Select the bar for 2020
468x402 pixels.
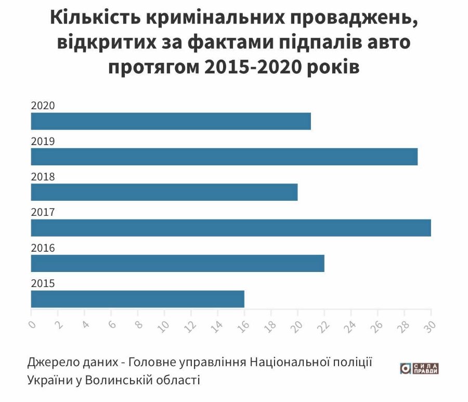click(x=171, y=121)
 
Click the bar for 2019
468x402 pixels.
click(x=224, y=157)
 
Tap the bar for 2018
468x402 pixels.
click(x=164, y=192)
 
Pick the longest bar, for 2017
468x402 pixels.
click(x=231, y=228)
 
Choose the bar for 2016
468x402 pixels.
click(x=177, y=263)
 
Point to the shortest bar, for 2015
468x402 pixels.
click(x=137, y=299)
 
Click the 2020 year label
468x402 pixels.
click(x=43, y=106)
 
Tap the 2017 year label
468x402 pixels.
click(x=43, y=212)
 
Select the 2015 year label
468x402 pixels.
click(x=43, y=283)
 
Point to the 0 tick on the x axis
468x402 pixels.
click(x=31, y=325)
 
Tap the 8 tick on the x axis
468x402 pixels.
click(x=138, y=325)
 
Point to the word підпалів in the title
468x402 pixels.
click(x=311, y=44)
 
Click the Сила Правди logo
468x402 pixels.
click(x=419, y=368)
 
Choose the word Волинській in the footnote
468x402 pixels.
click(x=115, y=380)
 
